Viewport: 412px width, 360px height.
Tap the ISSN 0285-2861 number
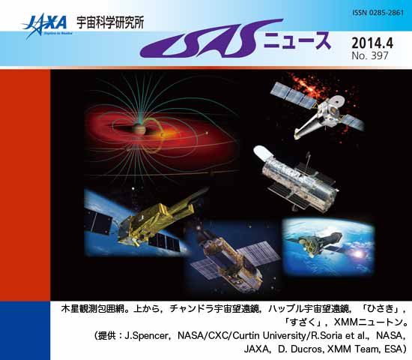(378, 13)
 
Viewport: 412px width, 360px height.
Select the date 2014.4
(372, 43)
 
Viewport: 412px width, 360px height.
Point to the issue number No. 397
(370, 55)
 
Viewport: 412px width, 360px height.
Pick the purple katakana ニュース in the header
(297, 40)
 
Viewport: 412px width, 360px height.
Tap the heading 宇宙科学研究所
(110, 22)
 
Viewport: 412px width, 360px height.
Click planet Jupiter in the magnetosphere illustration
(139, 128)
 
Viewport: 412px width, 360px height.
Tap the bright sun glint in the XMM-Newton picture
(358, 254)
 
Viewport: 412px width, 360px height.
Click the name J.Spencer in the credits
(145, 336)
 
